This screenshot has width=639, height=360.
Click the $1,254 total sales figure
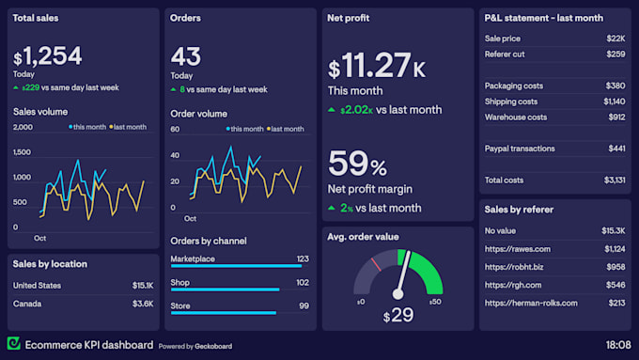(48, 56)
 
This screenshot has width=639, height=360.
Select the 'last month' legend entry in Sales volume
(128, 127)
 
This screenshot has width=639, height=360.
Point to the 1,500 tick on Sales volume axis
(22, 152)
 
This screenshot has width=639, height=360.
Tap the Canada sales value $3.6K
(143, 304)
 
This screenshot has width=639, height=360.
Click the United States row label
(37, 286)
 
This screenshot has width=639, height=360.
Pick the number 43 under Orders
(186, 56)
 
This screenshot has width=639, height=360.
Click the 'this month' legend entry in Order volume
(245, 129)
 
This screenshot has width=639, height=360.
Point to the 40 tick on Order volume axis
(175, 155)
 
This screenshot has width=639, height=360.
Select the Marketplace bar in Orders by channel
(237, 266)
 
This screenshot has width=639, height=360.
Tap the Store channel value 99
(304, 305)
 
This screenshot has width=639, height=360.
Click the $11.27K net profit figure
(377, 65)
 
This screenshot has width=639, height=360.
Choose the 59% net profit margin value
(357, 164)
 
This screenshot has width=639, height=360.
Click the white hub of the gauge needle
(397, 294)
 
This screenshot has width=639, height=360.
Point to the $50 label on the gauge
(435, 302)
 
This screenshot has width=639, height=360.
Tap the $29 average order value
(398, 315)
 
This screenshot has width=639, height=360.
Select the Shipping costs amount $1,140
(615, 102)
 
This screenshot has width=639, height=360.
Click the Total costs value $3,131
(615, 180)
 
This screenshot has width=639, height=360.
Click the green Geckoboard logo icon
(13, 343)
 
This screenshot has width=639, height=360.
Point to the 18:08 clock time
(618, 345)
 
